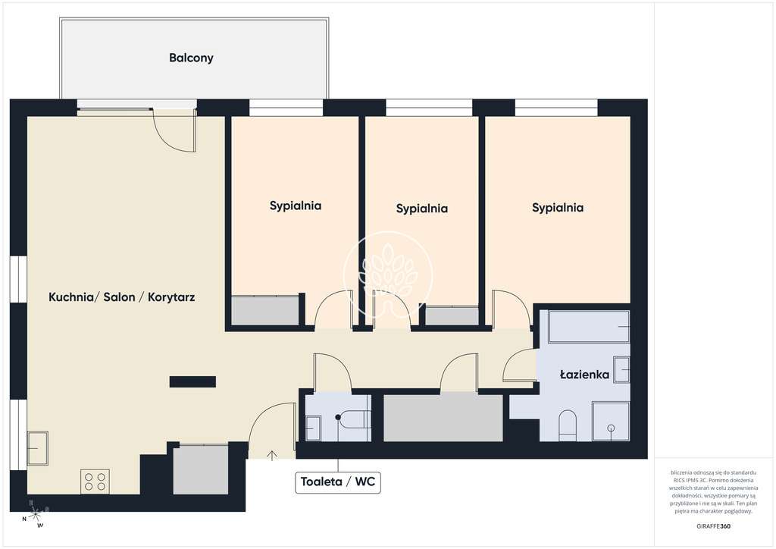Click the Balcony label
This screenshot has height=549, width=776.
(191, 58)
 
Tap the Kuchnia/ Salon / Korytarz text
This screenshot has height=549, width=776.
(122, 297)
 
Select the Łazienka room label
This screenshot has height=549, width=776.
(584, 374)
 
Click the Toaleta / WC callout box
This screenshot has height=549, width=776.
(338, 482)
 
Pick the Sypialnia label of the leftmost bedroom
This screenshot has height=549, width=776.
(296, 205)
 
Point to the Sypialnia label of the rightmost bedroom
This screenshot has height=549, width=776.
(558, 207)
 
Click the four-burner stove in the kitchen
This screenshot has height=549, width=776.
(95, 482)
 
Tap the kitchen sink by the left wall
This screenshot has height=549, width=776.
(38, 448)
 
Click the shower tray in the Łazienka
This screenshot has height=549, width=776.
(610, 421)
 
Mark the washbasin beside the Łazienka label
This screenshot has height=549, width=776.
(621, 369)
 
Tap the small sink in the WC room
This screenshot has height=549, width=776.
(313, 428)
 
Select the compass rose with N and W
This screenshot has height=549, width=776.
(33, 513)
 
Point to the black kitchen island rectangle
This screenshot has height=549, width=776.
(192, 381)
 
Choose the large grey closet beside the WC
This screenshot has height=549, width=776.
(443, 418)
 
